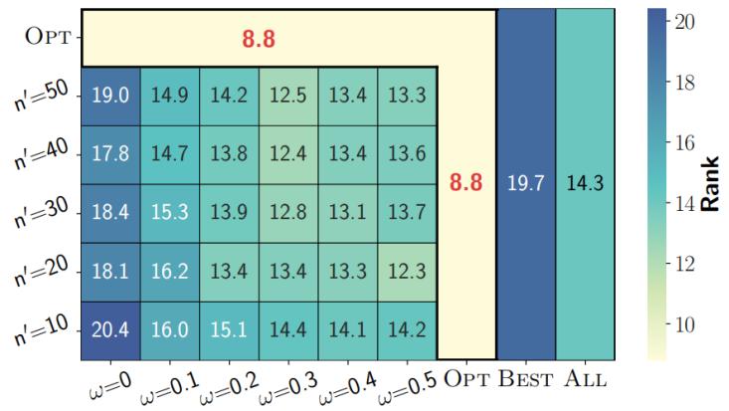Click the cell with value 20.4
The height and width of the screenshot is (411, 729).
109,328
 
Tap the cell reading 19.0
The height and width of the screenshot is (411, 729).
109,96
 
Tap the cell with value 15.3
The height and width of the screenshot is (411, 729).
169,212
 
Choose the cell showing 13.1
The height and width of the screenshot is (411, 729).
347,212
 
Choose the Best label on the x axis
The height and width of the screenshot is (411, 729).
525,378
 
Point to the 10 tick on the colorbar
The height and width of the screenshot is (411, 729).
682,324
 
